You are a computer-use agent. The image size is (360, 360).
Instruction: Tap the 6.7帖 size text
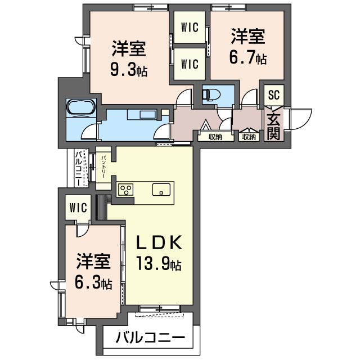pos(248,58)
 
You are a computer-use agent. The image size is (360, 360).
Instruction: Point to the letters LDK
pos(160,242)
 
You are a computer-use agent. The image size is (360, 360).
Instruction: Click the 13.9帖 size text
pos(160,263)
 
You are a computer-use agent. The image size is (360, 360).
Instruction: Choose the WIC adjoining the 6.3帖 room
pos(79,208)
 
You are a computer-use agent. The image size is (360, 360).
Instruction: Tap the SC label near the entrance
pos(273,94)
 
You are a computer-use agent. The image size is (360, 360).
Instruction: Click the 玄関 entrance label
pos(274,127)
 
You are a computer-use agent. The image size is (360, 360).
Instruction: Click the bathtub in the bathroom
pos(82,107)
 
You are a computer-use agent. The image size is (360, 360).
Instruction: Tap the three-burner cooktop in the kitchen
pos(125,190)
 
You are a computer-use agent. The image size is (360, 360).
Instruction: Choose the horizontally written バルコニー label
pos(150,339)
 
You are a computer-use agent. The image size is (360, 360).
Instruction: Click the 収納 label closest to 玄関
pos(249,136)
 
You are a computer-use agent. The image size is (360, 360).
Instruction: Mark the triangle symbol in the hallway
pos(206,125)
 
